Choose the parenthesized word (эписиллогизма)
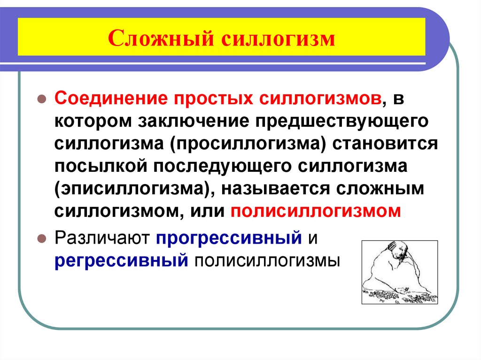pyautogui.click(x=131, y=189)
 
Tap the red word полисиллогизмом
pyautogui.click(x=316, y=211)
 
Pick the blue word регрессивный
pyautogui.click(x=121, y=260)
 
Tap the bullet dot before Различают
pyautogui.click(x=41, y=238)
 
